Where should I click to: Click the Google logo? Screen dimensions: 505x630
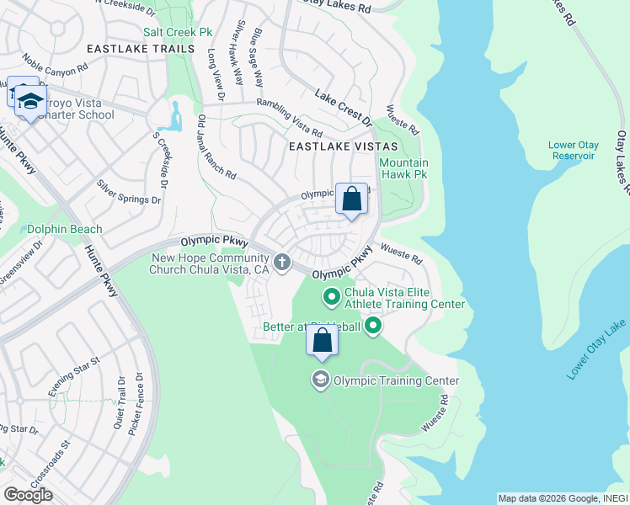pos(28,495)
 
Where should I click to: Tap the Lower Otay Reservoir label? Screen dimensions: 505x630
pos(573,151)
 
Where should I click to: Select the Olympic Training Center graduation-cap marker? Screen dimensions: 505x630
pos(321,380)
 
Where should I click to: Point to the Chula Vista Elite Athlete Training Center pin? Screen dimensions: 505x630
pos(331,296)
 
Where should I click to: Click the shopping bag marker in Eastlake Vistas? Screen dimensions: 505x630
pos(352,200)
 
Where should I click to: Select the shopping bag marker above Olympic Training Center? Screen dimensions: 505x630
pos(322,341)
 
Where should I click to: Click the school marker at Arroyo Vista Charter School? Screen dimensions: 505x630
pos(30,103)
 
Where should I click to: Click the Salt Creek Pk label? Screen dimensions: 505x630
pos(178,32)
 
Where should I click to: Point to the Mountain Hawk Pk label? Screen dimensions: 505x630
pos(403,169)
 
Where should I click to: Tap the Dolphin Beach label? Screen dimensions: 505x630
pos(65,229)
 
